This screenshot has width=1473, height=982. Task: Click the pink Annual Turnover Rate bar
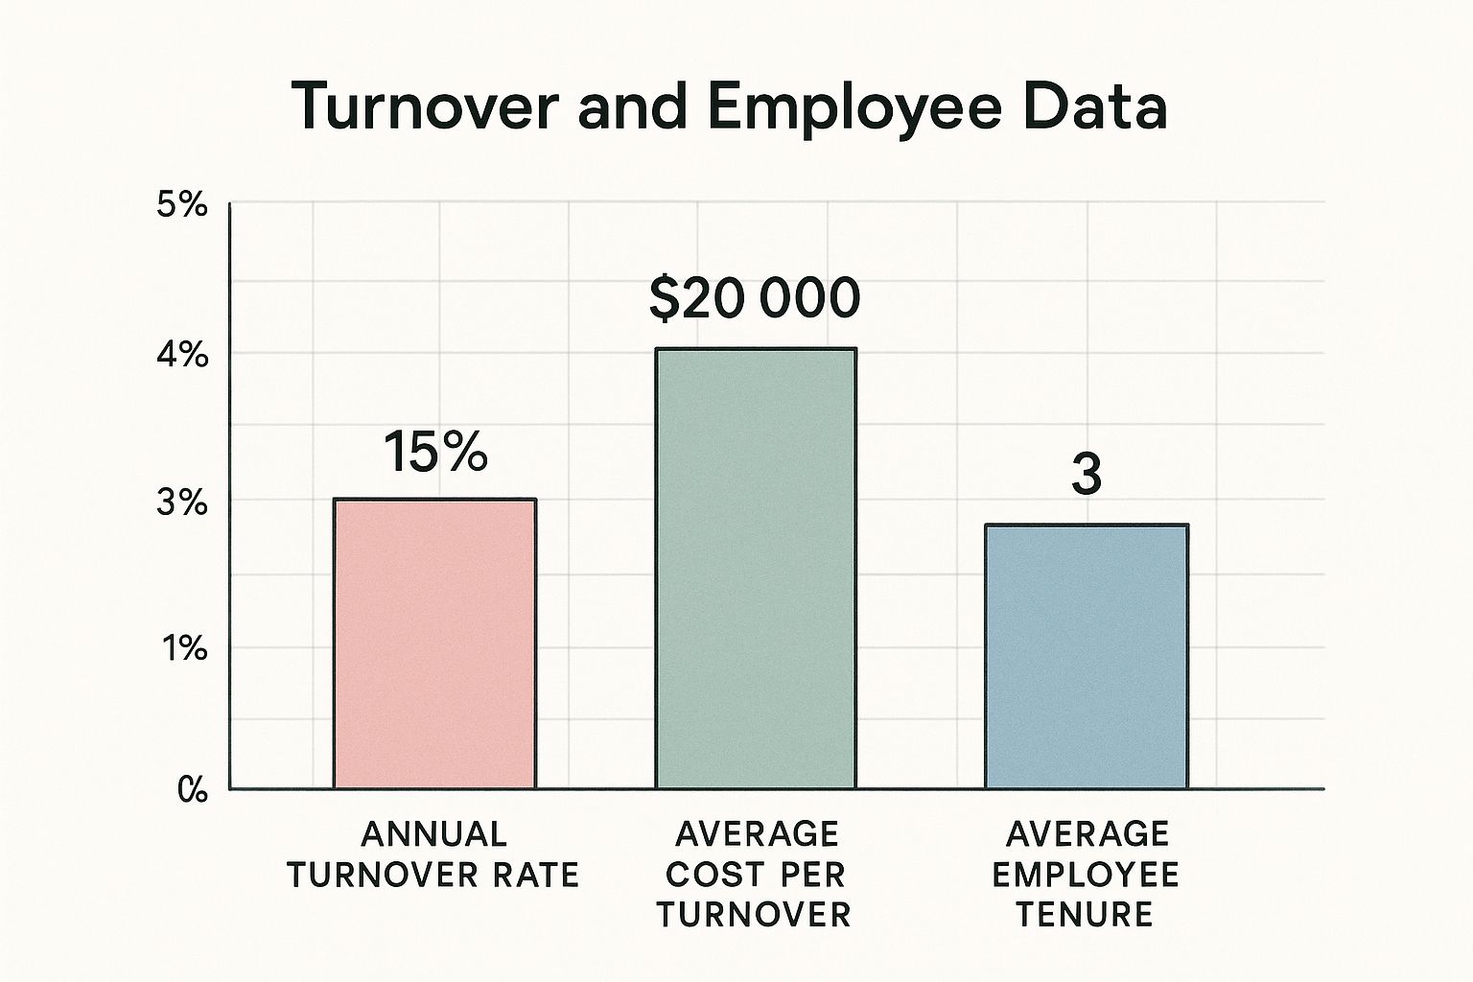click(434, 643)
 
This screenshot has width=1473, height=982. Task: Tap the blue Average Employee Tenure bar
click(1087, 657)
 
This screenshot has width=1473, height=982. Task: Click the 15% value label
click(434, 452)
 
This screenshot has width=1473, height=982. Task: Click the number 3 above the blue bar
click(1086, 474)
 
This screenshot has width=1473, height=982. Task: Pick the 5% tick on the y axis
click(181, 205)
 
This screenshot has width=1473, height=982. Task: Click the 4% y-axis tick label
click(181, 355)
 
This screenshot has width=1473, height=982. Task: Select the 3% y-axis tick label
click(181, 503)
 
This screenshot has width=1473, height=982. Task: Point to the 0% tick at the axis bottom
click(191, 791)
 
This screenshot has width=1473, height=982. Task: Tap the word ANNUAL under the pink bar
click(433, 834)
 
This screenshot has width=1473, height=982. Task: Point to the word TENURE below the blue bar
click(1085, 915)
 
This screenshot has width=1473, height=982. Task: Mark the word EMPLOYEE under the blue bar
click(1085, 875)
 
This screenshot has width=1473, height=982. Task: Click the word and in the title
click(632, 107)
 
